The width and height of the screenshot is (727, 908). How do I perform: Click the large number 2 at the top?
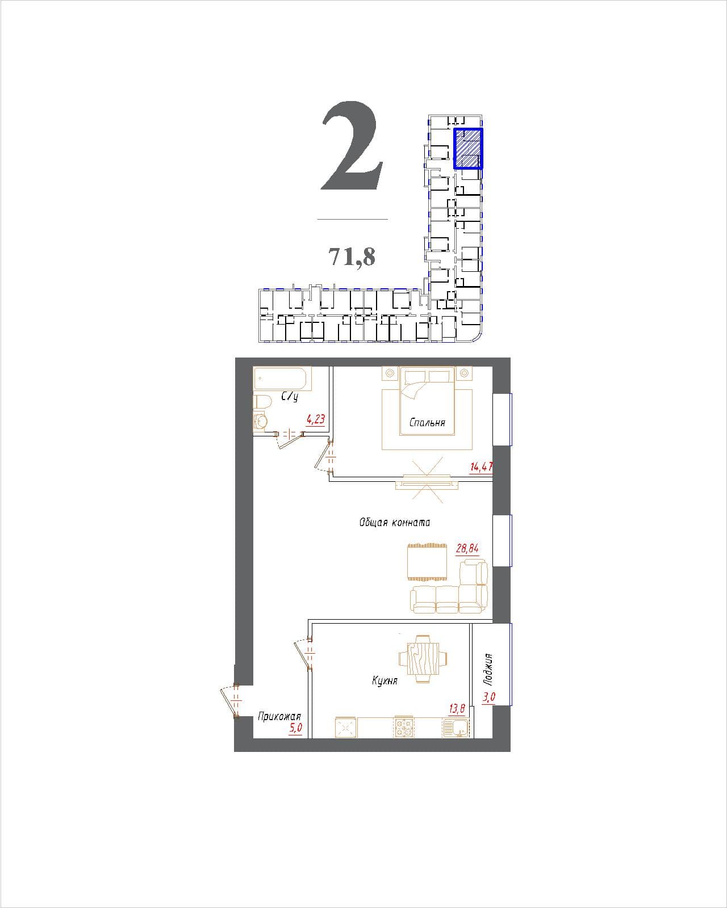tap(352, 146)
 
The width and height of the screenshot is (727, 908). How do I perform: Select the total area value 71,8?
tap(352, 256)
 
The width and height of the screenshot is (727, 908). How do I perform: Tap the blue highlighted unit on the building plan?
tap(468, 149)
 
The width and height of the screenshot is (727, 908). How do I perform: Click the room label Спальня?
tap(427, 422)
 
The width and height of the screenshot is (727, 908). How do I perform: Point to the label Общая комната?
tap(395, 522)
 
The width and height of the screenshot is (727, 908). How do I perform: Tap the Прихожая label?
tap(279, 716)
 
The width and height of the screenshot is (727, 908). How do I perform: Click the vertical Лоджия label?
tap(489, 670)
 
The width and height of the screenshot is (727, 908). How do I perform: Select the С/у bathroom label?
tap(290, 397)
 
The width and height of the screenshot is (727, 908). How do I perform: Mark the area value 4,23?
tap(316, 419)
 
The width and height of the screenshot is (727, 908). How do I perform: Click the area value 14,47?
tap(482, 466)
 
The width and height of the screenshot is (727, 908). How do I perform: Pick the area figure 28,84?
tap(467, 548)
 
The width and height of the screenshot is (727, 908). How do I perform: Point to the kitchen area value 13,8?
tap(457, 708)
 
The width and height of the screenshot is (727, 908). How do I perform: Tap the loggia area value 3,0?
tap(489, 697)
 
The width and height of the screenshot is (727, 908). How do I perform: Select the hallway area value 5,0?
tap(295, 728)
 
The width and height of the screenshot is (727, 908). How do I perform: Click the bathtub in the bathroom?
tap(282, 379)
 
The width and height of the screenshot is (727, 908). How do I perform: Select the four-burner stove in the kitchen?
tap(404, 726)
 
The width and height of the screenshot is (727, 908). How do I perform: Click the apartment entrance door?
tap(232, 701)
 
